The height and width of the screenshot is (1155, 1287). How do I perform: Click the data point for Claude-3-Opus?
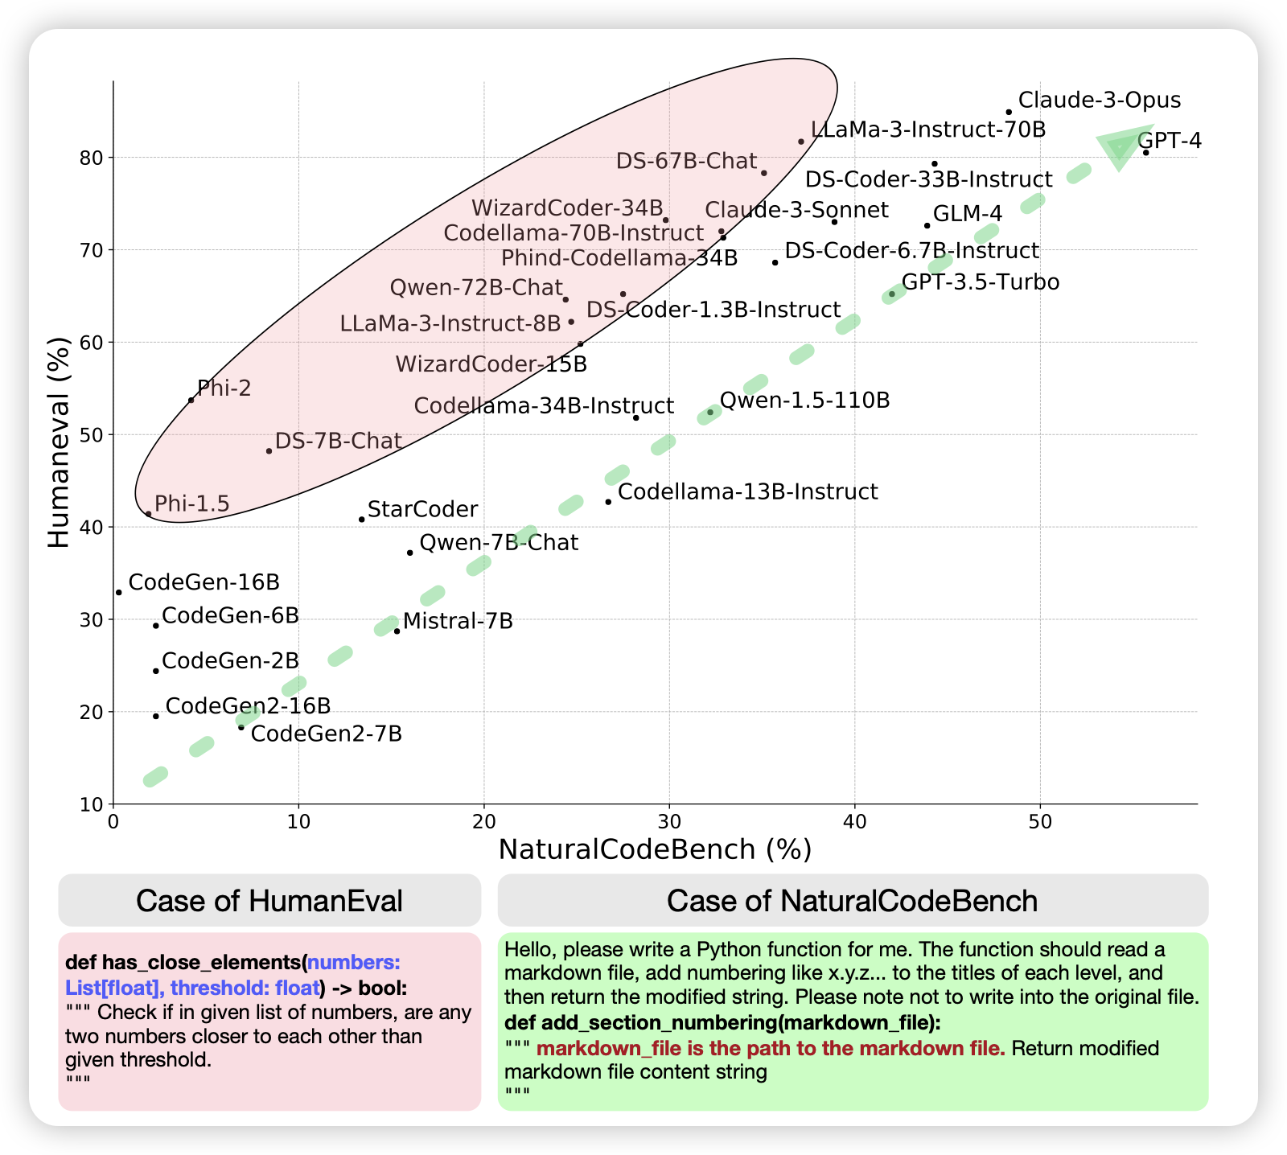pyautogui.click(x=1009, y=113)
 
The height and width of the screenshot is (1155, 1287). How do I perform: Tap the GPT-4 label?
pyautogui.click(x=1169, y=142)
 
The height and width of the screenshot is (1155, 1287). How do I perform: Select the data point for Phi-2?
pyautogui.click(x=191, y=400)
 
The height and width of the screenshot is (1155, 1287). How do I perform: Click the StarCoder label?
pyautogui.click(x=422, y=510)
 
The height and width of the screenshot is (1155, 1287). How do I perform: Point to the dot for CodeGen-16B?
pyautogui.click(x=119, y=592)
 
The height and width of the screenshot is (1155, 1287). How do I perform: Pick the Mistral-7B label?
pyautogui.click(x=458, y=621)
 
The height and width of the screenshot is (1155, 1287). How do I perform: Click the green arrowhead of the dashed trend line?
pyautogui.click(x=1122, y=145)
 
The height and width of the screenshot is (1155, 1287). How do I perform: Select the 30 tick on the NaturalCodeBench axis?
pyautogui.click(x=668, y=822)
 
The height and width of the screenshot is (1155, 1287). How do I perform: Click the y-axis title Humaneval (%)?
pyautogui.click(x=59, y=442)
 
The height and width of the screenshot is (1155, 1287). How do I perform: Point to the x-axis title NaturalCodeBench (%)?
pyautogui.click(x=655, y=850)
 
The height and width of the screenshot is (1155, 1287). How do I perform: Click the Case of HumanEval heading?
pyautogui.click(x=269, y=901)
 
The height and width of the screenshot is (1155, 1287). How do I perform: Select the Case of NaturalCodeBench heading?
pyautogui.click(x=853, y=901)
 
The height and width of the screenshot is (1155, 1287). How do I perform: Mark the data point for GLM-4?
pyautogui.click(x=927, y=225)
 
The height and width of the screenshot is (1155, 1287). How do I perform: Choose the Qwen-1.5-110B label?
pyautogui.click(x=804, y=401)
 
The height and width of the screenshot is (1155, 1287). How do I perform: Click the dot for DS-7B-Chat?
pyautogui.click(x=269, y=451)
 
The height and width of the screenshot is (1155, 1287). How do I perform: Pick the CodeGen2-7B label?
pyautogui.click(x=327, y=734)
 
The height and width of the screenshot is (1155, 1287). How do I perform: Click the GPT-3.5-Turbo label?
pyautogui.click(x=981, y=282)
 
